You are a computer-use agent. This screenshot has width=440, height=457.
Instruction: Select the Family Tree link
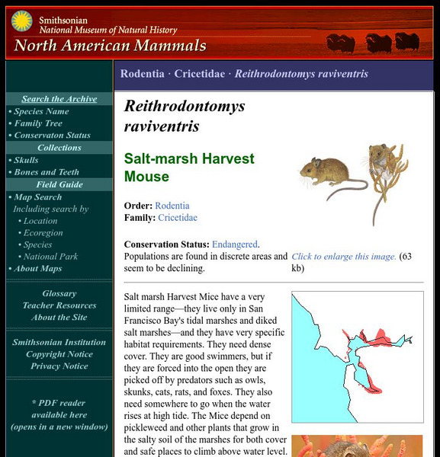[38, 123]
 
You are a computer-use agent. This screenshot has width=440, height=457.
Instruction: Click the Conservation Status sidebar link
[52, 136]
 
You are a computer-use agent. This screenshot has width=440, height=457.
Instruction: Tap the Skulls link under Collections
[26, 160]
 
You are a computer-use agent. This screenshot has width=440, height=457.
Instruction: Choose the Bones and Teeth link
[47, 172]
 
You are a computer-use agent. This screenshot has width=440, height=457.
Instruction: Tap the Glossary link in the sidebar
[59, 293]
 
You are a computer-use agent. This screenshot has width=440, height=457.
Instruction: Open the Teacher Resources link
[59, 305]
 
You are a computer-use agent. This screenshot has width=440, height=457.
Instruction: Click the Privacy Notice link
[59, 366]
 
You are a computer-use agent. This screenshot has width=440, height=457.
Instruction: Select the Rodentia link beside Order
[172, 206]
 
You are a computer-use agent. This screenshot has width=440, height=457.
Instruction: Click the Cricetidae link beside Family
[178, 218]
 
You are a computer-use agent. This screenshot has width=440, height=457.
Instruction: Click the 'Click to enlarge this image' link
[343, 257]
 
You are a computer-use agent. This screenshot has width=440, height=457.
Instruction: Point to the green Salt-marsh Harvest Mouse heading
[189, 168]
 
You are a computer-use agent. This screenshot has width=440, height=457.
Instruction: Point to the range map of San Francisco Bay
[357, 356]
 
